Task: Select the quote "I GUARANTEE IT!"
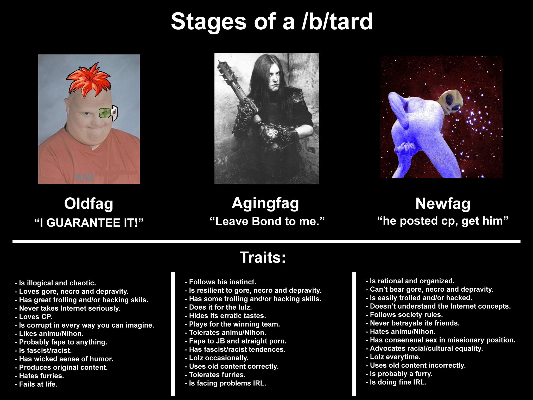(x=89, y=223)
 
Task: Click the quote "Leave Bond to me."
(x=267, y=221)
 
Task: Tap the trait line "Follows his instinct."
(x=220, y=282)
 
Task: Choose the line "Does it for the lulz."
(x=218, y=307)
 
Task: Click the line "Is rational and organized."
(x=410, y=281)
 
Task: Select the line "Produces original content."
(x=61, y=367)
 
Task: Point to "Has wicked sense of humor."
(x=64, y=359)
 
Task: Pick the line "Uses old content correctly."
(x=232, y=366)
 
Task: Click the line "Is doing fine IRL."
(x=396, y=382)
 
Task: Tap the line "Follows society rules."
(x=404, y=315)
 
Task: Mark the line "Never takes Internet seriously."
(x=68, y=308)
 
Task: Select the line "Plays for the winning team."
(x=232, y=324)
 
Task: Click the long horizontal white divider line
(x=266, y=241)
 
